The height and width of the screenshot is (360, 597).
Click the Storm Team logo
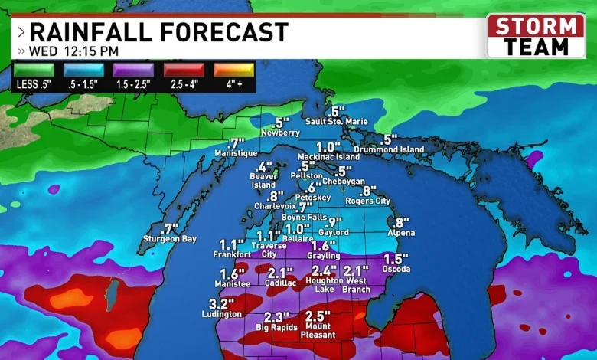click(536, 35)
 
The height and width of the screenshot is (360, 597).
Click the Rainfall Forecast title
click(159, 32)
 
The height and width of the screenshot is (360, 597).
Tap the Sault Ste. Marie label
click(337, 122)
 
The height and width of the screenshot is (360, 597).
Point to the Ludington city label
click(221, 314)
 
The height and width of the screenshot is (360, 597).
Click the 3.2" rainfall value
click(220, 303)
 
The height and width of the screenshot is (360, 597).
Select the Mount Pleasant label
click(318, 330)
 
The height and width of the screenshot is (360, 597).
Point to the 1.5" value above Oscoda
click(396, 259)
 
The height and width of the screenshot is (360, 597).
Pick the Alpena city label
click(401, 233)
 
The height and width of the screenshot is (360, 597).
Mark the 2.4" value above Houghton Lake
click(325, 270)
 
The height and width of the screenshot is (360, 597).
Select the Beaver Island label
click(264, 180)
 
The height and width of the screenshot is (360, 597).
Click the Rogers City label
click(368, 201)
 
